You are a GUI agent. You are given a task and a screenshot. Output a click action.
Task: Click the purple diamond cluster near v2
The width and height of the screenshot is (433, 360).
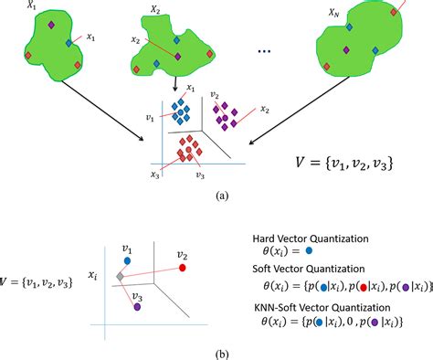coord(225,114)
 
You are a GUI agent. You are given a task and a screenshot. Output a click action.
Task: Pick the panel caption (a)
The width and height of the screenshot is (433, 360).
coord(221,195)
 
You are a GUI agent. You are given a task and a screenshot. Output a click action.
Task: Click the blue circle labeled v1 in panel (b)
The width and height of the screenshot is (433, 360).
coord(127,261)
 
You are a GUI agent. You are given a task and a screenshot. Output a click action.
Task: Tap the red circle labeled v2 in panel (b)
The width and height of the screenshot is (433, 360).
coord(183,270)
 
